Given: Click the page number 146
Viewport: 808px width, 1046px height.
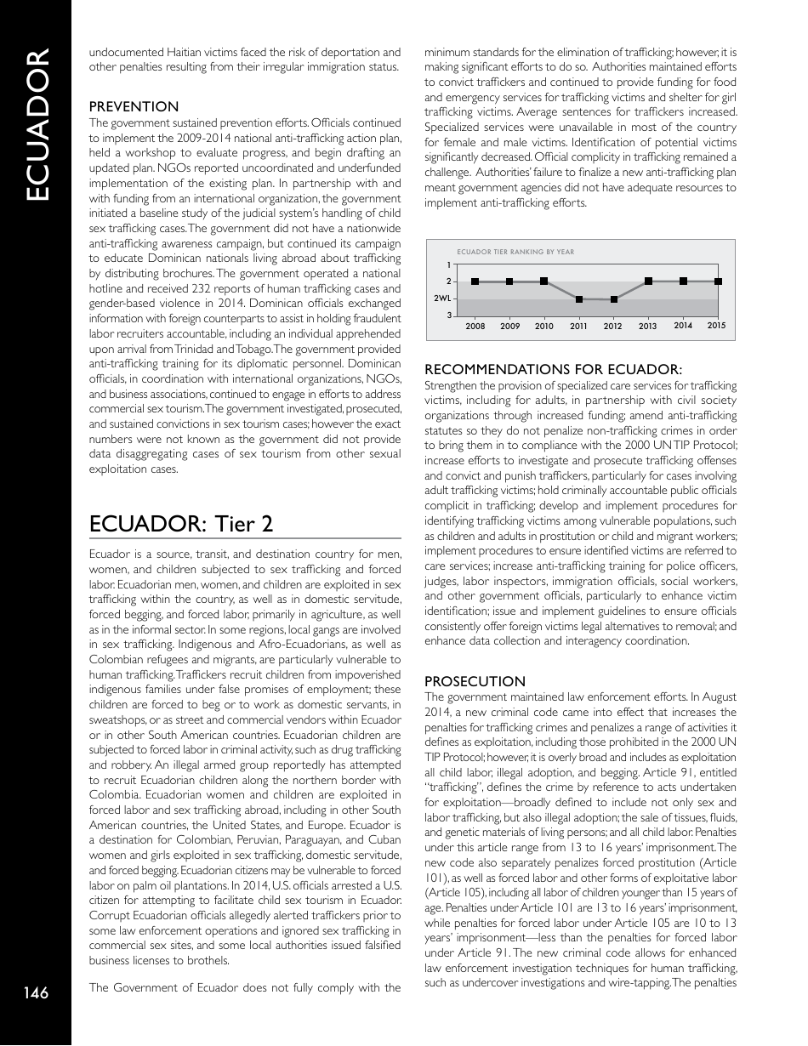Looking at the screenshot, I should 36,992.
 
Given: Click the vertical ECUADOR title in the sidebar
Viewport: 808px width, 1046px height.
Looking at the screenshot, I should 37,126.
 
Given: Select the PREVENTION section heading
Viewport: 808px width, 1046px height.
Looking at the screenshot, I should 134,106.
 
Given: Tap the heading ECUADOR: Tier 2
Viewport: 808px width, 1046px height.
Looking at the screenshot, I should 180,524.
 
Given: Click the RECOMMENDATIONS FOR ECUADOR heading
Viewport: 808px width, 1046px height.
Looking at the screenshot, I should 553,369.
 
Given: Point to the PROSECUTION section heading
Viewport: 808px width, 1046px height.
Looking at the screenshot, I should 475,681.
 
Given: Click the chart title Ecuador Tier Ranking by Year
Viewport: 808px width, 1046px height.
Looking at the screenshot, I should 515,252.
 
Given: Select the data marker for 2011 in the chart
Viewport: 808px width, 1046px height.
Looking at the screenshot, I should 579,299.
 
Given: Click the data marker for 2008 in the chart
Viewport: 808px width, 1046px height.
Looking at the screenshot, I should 475,281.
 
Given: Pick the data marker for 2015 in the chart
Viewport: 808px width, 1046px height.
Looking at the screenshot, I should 719,281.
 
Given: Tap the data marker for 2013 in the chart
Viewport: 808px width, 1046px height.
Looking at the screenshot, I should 649,281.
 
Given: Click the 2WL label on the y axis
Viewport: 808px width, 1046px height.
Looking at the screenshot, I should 442,299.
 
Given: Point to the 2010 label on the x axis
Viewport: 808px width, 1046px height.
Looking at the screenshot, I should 544,327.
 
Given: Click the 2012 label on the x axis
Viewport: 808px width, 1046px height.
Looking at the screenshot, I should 613,327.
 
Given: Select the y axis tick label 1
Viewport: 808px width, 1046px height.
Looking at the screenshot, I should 448,264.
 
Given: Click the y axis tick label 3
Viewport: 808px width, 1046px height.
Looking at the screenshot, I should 448,316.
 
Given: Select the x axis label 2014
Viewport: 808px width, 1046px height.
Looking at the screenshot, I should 683,326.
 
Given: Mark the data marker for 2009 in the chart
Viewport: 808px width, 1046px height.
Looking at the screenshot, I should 509,281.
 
